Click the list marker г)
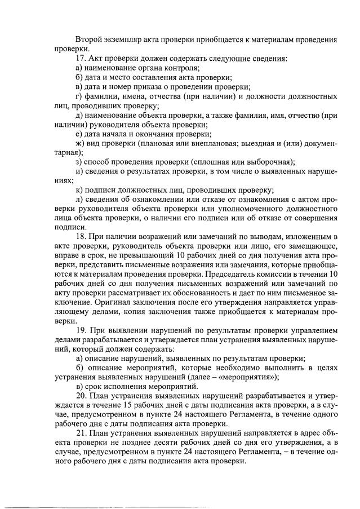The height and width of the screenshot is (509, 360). point(78,96)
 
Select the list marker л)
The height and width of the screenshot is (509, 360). point(79,200)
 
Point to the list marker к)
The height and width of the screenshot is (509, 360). point(78,190)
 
